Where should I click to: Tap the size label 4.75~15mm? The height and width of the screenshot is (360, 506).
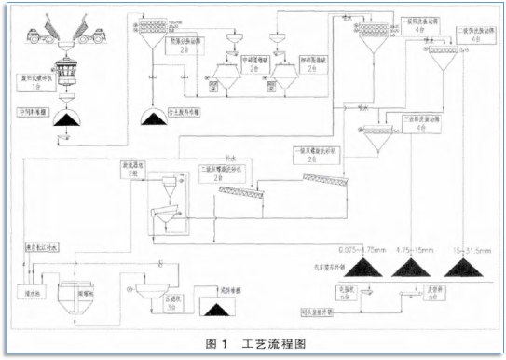[412, 250]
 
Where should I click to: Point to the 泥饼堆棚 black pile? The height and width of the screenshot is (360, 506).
[220, 307]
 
